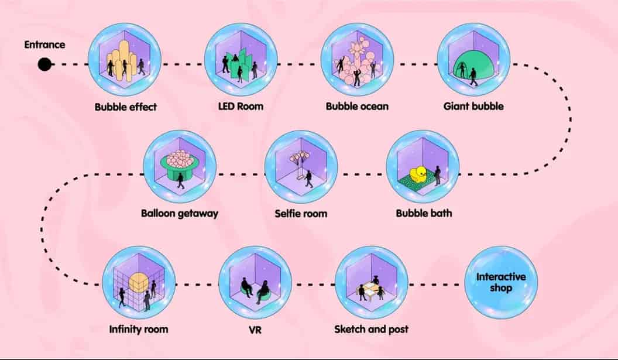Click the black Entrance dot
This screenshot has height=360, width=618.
tap(44, 64)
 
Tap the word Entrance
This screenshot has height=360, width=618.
tap(44, 45)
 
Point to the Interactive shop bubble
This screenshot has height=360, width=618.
tap(501, 283)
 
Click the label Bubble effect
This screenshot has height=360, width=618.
tap(126, 107)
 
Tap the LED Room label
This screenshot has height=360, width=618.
tap(241, 107)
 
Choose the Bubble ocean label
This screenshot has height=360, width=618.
tap(357, 107)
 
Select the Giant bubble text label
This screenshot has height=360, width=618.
tap(473, 107)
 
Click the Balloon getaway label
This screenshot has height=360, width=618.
tap(180, 214)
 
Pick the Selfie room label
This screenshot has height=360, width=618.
tap(301, 214)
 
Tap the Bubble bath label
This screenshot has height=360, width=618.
tap(424, 213)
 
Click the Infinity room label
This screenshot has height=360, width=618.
tap(139, 329)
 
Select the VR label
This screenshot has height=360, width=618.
tap(255, 330)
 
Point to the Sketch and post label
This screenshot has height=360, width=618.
tap(371, 329)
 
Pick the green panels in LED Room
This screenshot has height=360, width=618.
tap(241, 64)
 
